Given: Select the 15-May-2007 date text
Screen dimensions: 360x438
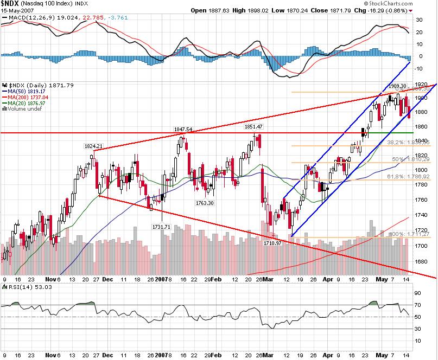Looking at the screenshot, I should click(x=15, y=10).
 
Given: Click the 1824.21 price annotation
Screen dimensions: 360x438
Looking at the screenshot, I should click(x=93, y=146).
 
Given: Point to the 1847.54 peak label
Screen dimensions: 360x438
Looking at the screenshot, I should click(x=183, y=130).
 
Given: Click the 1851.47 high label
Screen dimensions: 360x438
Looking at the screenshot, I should click(x=253, y=127).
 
